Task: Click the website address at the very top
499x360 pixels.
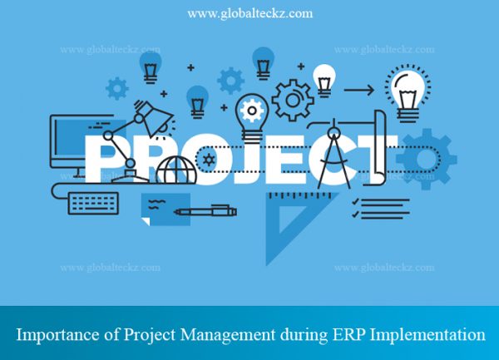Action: pos(249,13)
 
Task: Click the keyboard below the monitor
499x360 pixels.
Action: pos(94,201)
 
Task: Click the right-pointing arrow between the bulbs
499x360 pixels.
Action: pos(358,90)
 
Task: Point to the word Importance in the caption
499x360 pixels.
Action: pos(53,335)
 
